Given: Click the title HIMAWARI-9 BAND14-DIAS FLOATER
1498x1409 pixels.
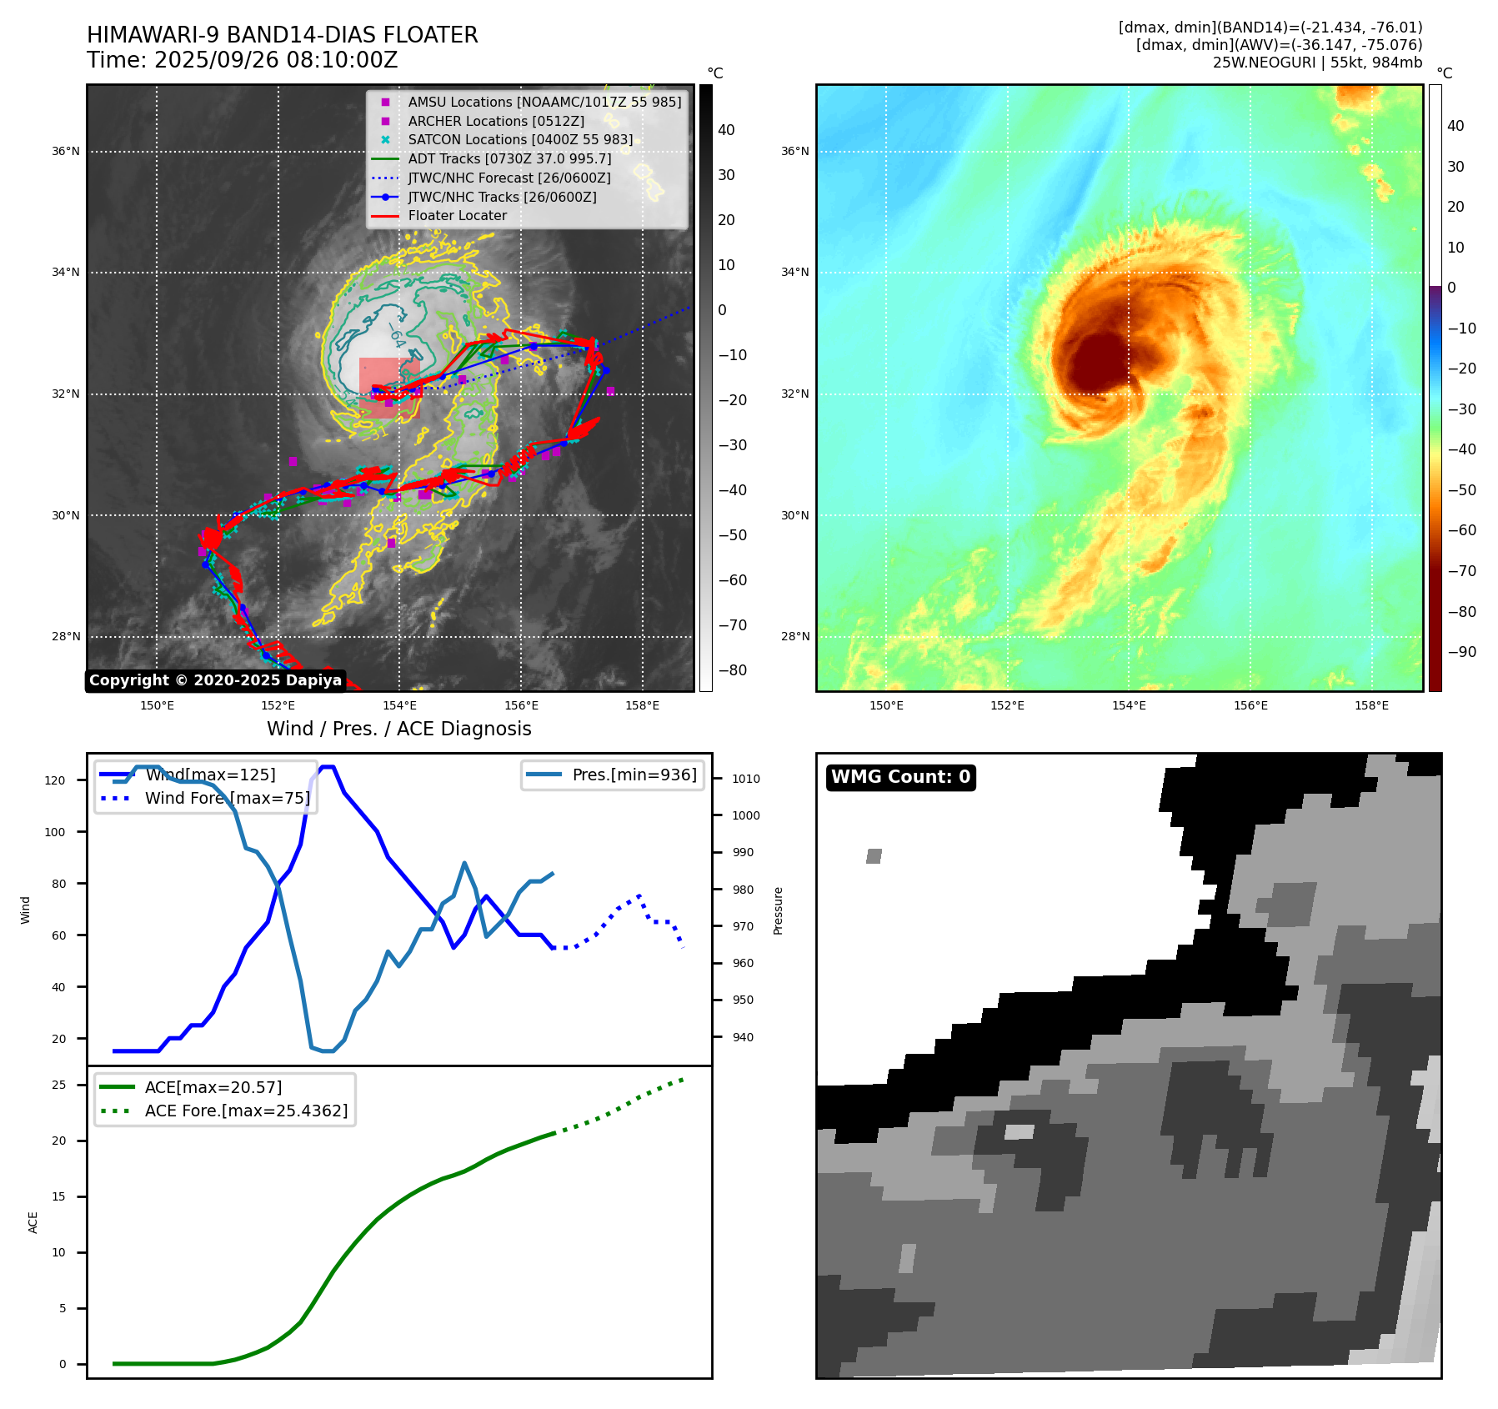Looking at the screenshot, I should coord(282,35).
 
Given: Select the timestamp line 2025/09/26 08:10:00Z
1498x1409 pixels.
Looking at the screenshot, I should coord(276,61).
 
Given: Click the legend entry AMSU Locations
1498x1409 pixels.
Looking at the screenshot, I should coord(544,102).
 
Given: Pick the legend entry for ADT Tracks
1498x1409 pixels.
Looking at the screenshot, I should coord(509,158).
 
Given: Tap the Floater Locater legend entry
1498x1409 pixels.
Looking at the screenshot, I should coord(457,215).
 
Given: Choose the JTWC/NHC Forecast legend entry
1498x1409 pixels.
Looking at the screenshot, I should coord(509,178).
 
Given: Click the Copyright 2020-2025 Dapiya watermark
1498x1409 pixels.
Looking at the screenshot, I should coord(215,680).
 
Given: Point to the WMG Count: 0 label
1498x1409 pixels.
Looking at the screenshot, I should coord(900,777).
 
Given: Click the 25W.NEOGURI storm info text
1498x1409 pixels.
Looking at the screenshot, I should coord(1317,63).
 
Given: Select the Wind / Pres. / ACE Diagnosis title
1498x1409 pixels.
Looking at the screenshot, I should coord(398,729).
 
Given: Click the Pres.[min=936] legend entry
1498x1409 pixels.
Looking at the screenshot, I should coord(634,775).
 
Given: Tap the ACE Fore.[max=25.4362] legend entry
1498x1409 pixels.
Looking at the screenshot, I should coord(246,1111).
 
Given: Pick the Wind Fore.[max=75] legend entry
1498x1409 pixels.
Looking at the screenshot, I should coord(227,798).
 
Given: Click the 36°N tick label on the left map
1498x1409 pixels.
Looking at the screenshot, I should coord(66,152).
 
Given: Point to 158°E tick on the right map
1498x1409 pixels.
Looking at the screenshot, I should coord(1371,705).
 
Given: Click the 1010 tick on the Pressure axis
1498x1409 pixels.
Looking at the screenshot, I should coord(746,779).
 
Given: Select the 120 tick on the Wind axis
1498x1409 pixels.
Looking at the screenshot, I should coord(55,780).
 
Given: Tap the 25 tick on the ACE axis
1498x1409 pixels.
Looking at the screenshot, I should coord(59,1085).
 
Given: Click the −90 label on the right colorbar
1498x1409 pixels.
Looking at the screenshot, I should coord(1461,652).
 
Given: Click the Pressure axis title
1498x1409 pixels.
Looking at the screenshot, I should coord(778,910).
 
